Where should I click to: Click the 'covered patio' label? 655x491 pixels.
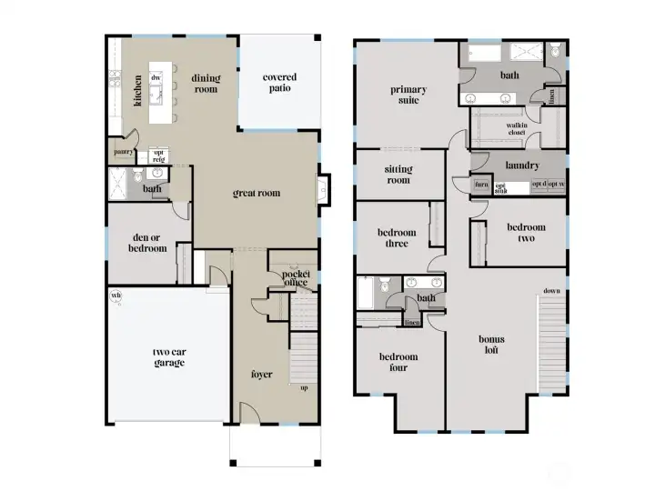(x=279, y=83)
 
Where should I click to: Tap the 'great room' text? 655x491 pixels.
(x=257, y=193)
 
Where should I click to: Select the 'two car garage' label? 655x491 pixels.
(x=168, y=357)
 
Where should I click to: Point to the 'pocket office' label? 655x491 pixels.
(x=296, y=278)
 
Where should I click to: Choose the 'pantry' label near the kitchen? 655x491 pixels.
(x=124, y=153)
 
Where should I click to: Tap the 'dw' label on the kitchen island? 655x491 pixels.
(x=156, y=78)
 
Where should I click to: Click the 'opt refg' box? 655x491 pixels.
(x=157, y=156)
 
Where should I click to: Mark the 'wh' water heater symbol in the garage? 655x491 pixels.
(x=116, y=296)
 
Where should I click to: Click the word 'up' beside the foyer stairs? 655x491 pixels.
(x=303, y=389)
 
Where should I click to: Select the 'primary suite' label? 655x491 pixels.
(x=408, y=95)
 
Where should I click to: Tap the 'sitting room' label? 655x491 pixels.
(x=398, y=175)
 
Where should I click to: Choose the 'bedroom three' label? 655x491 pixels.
(x=397, y=238)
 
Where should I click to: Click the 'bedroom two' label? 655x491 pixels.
(x=526, y=233)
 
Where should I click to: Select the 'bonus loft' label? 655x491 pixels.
(x=492, y=345)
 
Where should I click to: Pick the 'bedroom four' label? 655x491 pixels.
(x=397, y=362)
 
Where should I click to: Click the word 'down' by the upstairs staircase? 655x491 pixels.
(x=551, y=292)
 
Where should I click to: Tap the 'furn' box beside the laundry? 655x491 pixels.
(x=481, y=185)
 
